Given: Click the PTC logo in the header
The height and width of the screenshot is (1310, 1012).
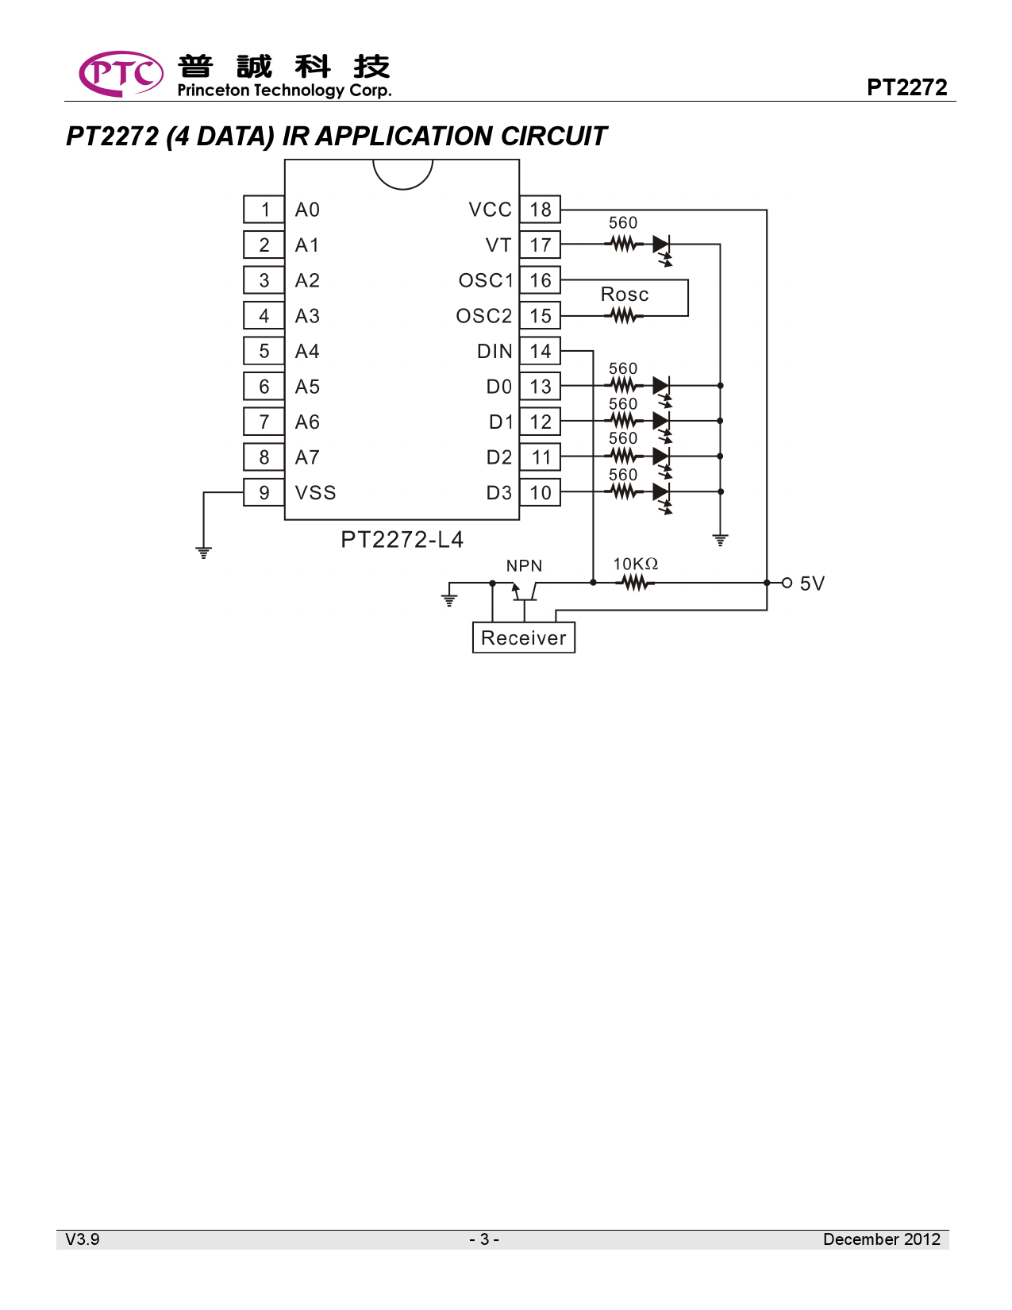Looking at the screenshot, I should pos(121,74).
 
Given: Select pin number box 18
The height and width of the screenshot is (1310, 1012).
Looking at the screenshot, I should pos(541,210).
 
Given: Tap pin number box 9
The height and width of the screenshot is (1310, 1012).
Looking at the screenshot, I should pos(264,493).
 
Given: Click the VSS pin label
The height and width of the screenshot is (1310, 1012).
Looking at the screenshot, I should pos(315,493).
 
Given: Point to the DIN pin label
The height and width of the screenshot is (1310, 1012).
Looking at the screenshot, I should pos(494,352).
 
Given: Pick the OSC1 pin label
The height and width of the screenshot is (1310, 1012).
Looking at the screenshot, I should pos(486,281).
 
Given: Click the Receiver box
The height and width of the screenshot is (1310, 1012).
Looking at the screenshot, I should pos(523,638).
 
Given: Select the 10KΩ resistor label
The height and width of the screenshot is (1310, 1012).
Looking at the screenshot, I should pos(635,564).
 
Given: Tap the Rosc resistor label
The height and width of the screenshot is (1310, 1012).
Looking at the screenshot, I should pos(625,295).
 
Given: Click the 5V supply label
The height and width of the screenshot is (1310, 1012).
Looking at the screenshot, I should pos(812,584).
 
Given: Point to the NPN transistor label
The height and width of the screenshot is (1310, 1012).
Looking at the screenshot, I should pos(524,566).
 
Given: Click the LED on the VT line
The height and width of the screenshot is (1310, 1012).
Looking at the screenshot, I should pos(661,245).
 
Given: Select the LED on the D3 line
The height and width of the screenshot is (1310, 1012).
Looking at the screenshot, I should pos(661,492).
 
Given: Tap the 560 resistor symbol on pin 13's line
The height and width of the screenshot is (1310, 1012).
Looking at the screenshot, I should pos(624,386).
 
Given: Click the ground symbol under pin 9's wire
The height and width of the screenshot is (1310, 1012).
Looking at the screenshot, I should pos(204,552).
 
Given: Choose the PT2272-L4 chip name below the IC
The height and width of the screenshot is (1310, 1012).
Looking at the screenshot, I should pos(402,540).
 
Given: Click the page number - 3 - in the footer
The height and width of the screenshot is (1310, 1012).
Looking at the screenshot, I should pos(484,1239).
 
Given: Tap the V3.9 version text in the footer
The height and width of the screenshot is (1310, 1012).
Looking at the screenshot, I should pos(83,1239).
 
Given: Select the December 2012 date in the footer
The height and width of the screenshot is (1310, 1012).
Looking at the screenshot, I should pos(881,1239).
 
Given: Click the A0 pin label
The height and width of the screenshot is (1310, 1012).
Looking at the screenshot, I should pos(307,210).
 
